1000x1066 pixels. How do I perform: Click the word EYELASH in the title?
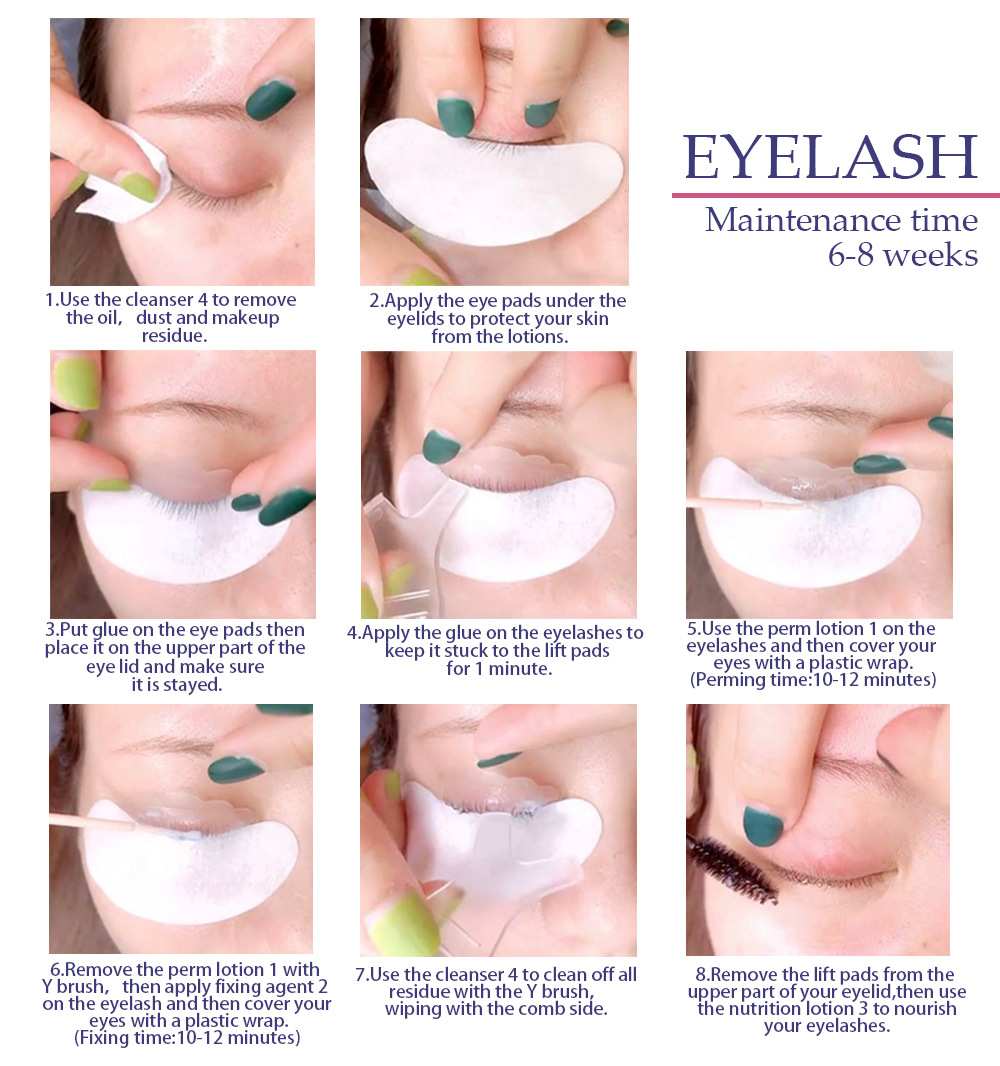(x=830, y=157)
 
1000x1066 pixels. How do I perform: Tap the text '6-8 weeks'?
(x=902, y=255)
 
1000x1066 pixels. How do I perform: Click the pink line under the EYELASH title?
(x=835, y=196)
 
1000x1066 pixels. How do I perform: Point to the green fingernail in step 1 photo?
(x=270, y=99)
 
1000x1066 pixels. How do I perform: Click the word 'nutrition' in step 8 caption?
(x=764, y=1009)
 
